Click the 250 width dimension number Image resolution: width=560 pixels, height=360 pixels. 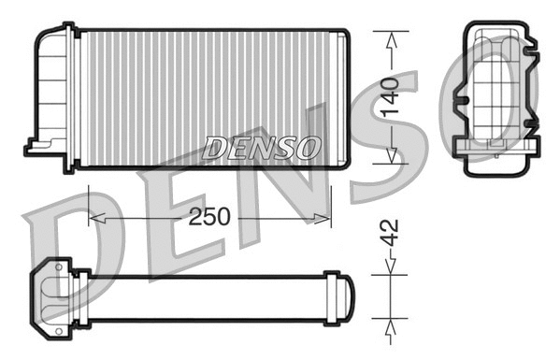pos(208,217)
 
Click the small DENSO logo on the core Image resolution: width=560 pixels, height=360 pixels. pos(262,147)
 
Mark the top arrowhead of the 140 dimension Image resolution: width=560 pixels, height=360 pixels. pos(391,36)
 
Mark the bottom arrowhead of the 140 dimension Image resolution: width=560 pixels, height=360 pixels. pos(391,156)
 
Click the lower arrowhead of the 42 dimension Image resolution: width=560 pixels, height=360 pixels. pos(391,324)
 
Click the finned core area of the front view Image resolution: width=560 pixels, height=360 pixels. pos(206,94)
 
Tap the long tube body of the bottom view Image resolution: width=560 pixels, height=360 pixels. pos(206,297)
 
